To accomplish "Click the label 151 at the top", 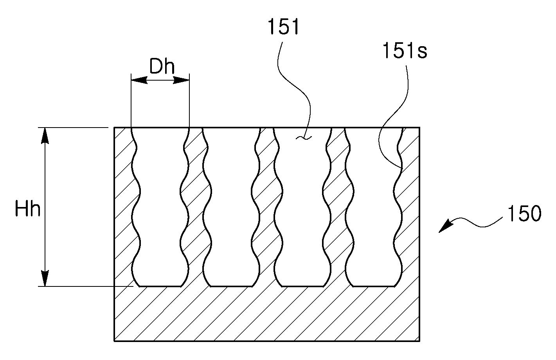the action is (x=283, y=27).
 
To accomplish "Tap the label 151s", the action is (x=405, y=50).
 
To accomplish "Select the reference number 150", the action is (x=524, y=214).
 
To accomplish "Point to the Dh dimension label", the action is (x=162, y=67).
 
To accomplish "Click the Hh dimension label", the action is (x=27, y=209).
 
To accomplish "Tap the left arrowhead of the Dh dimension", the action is (x=139, y=80).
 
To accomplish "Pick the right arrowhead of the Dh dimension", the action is (x=181, y=80).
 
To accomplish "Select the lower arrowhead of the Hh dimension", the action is (x=45, y=278).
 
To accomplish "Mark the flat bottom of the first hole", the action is (x=160, y=286).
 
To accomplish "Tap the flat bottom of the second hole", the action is (x=231, y=286).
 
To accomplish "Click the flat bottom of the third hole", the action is (x=302, y=286).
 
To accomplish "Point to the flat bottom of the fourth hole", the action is (x=374, y=286).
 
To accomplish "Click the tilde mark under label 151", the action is (x=304, y=138).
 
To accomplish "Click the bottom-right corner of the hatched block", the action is (x=419, y=341).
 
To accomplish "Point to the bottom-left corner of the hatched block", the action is (x=114, y=341).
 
